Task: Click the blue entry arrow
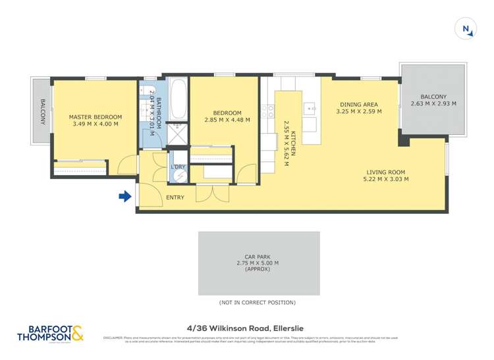point(124,196)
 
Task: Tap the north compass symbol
point(466,28)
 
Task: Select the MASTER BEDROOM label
point(94,117)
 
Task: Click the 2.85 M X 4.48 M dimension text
point(223,120)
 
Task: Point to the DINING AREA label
point(358,104)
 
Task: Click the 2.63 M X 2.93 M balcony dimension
point(433,104)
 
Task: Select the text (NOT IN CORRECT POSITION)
point(257,303)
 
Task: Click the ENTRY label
point(175,197)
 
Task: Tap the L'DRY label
point(178,167)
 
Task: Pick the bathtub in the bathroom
point(178,99)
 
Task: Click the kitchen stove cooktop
point(267,111)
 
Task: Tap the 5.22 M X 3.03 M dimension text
point(387,179)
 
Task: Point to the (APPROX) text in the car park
point(258,270)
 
